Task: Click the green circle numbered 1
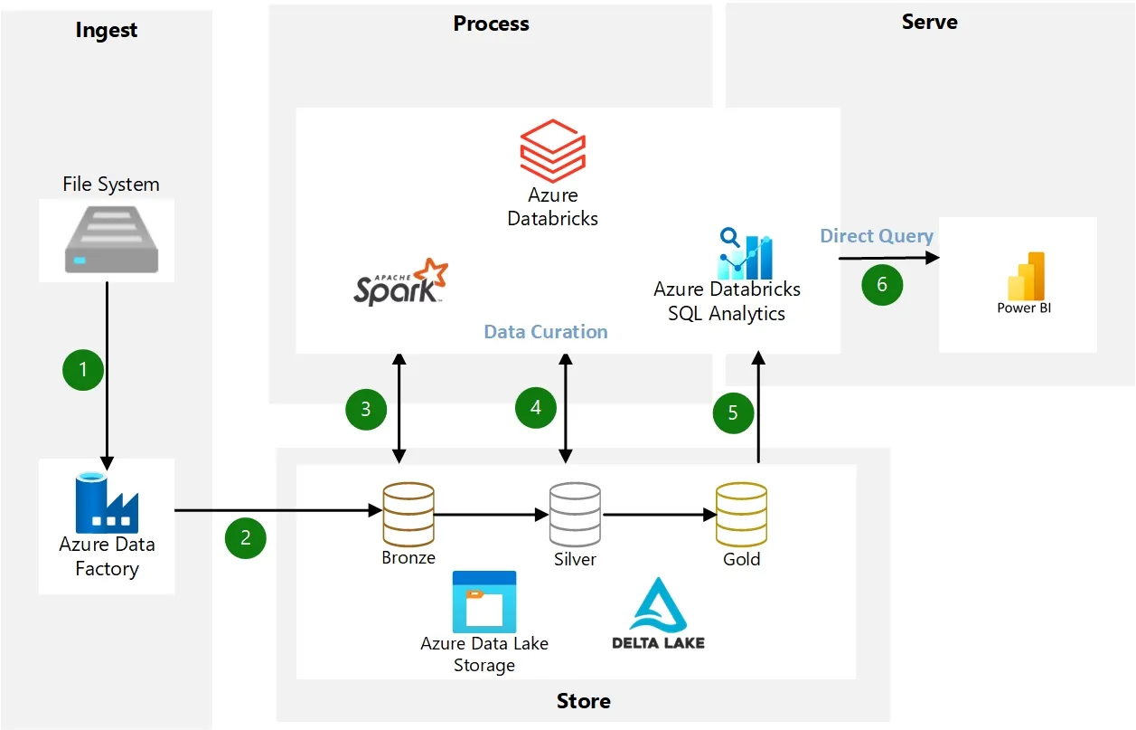tap(83, 369)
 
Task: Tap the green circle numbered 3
tap(366, 409)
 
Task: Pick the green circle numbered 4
tap(536, 408)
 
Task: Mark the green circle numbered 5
tap(733, 412)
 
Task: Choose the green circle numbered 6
tap(882, 284)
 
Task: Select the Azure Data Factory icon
tap(106, 505)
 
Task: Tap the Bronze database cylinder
tap(408, 514)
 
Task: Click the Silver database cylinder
tap(575, 514)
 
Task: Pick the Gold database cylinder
tap(741, 514)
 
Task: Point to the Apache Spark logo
tap(400, 282)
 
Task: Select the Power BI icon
tap(1026, 277)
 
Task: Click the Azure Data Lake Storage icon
tap(484, 602)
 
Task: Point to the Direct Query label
tap(876, 236)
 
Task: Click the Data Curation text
tap(546, 332)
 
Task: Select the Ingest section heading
tap(107, 30)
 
